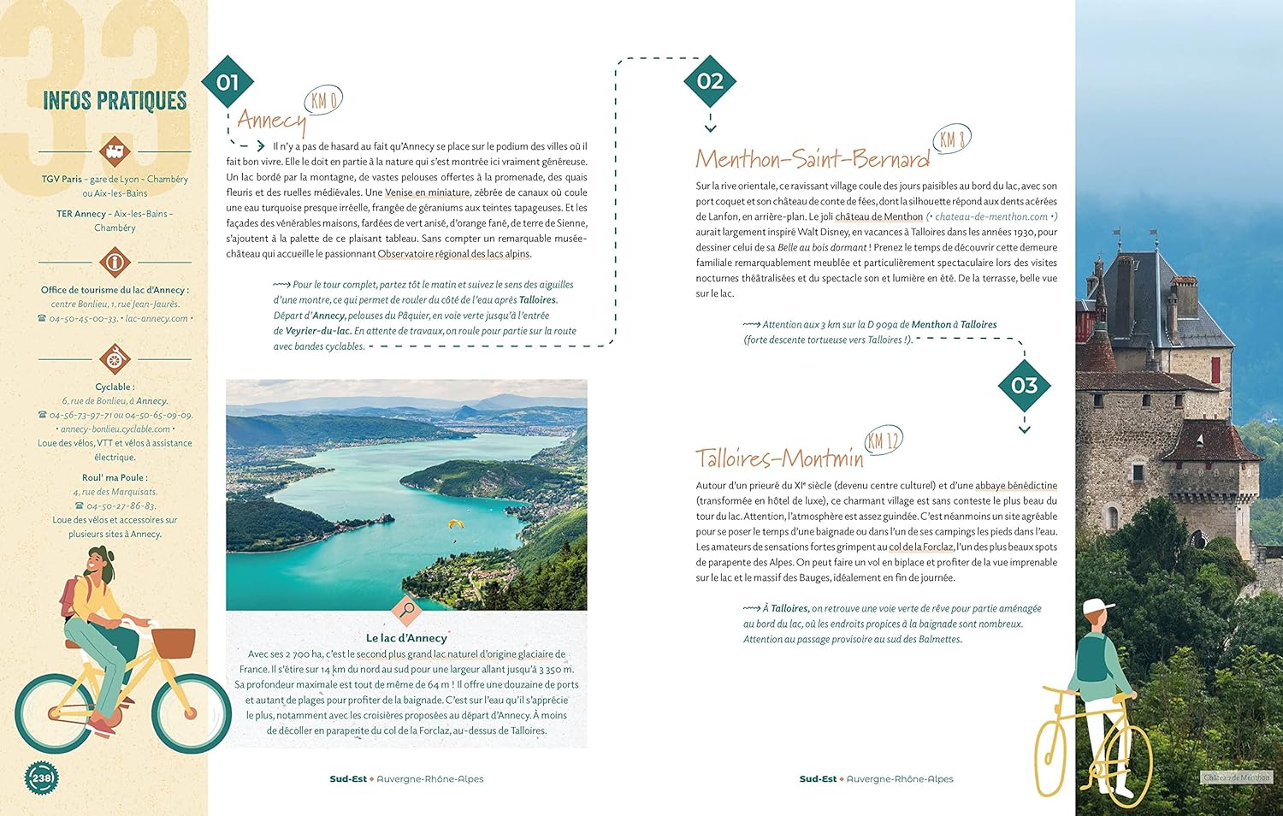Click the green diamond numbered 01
click(x=228, y=82)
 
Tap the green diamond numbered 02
click(x=710, y=81)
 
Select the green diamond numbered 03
click(x=1024, y=386)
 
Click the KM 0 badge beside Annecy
click(x=323, y=101)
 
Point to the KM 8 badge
click(x=951, y=139)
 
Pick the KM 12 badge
click(x=883, y=441)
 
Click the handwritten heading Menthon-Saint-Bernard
click(x=812, y=159)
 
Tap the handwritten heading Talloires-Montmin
click(x=779, y=459)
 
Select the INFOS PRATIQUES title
click(x=115, y=101)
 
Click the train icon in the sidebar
click(x=114, y=151)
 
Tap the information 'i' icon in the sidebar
click(x=114, y=262)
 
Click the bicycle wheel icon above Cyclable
click(x=114, y=358)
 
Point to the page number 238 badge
click(x=41, y=778)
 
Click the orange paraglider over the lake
click(x=454, y=523)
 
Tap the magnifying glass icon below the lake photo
click(x=407, y=610)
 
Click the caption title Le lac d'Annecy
click(x=406, y=638)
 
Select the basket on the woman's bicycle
click(x=174, y=642)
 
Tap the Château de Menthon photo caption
click(x=1237, y=778)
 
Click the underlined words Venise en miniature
click(x=427, y=192)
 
